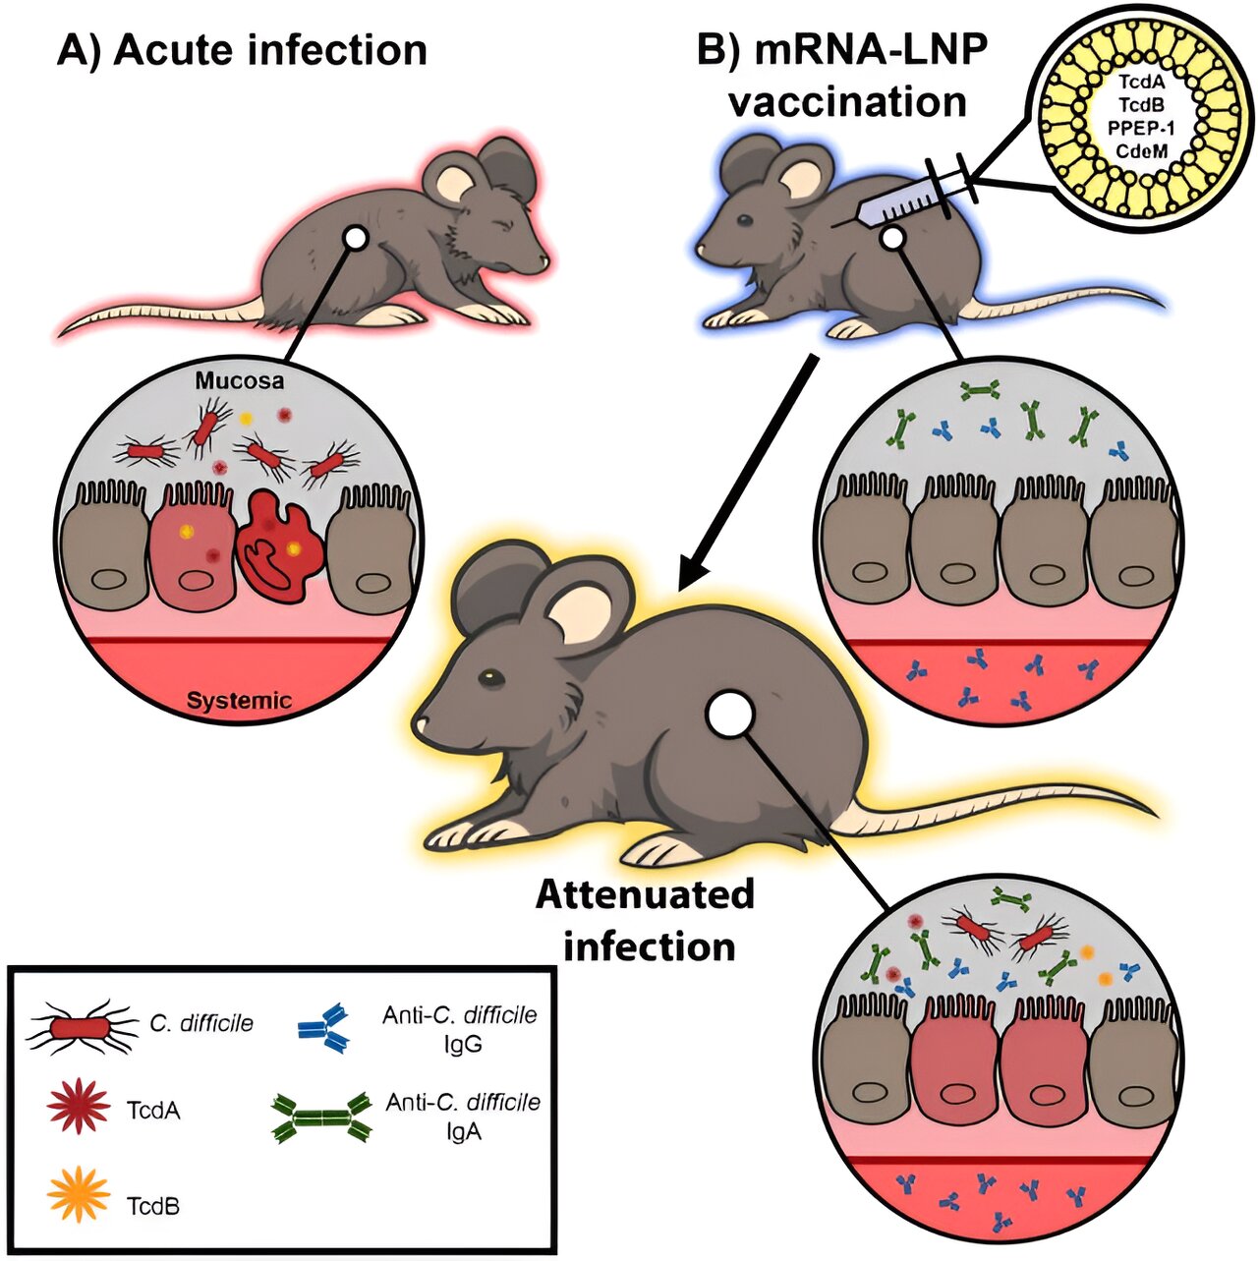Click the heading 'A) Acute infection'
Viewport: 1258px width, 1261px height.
tap(242, 50)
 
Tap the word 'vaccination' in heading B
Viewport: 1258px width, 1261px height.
tap(847, 102)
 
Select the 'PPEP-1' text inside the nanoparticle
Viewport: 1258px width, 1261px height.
tap(1149, 130)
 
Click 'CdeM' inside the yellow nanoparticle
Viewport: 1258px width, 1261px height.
tap(1149, 153)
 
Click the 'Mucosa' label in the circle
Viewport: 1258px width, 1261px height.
tap(240, 380)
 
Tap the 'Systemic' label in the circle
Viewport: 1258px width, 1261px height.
tap(240, 701)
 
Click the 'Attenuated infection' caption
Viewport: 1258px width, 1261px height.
tap(646, 921)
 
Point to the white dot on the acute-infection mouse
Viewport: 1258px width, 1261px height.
tap(356, 239)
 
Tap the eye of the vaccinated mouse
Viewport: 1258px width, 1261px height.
tap(745, 220)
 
